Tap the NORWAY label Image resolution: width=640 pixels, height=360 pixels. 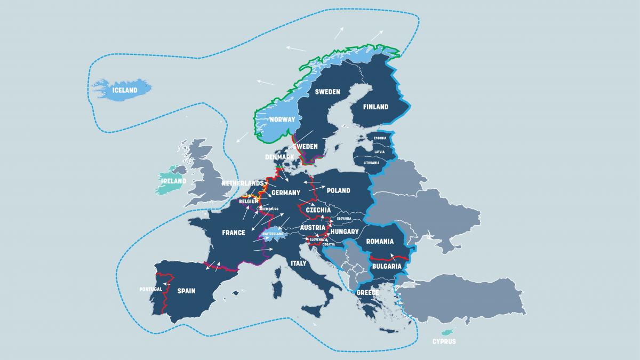click(282, 119)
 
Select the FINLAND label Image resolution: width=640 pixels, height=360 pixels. click(375, 107)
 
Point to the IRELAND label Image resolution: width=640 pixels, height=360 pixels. click(174, 181)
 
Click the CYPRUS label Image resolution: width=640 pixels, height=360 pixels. click(444, 341)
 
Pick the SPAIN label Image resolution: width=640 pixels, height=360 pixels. click(186, 291)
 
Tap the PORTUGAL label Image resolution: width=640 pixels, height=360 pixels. click(150, 289)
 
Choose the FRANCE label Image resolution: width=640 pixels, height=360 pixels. click(234, 233)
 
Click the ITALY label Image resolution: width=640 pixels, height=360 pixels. click(299, 263)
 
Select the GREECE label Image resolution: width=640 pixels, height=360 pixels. click(367, 293)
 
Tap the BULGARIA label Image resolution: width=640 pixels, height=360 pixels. click(387, 266)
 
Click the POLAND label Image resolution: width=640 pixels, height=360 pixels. click(338, 190)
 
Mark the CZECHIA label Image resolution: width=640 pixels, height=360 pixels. click(318, 210)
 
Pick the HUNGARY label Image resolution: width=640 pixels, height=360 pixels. click(345, 232)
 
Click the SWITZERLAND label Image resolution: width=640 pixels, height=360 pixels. click(273, 234)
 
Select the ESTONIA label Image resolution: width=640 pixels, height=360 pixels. click(380, 139)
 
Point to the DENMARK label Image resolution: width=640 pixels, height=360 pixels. click(280, 157)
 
